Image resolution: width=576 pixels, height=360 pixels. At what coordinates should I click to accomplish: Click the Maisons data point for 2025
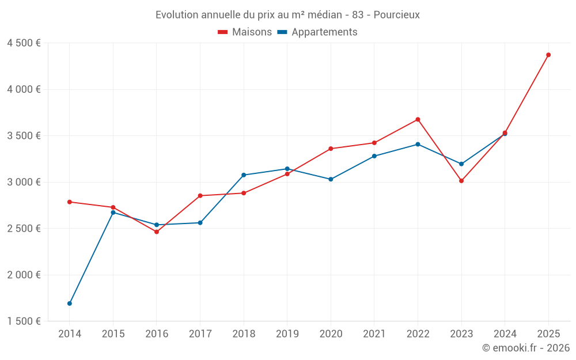(548, 55)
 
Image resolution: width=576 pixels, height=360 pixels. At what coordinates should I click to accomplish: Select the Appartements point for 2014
(70, 304)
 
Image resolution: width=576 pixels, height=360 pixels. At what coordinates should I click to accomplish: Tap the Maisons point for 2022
(418, 120)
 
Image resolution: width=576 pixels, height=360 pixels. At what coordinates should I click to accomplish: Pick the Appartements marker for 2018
(244, 175)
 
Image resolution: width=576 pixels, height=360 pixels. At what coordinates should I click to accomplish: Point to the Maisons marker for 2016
(157, 232)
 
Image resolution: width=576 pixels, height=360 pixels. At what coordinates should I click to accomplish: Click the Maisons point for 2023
(461, 181)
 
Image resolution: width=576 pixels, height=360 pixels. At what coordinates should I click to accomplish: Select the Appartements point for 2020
(331, 179)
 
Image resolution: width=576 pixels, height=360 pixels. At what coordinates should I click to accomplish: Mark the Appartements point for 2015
(113, 213)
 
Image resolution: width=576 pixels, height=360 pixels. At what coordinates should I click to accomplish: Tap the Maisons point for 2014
(70, 202)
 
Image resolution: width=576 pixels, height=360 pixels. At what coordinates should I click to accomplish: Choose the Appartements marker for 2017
(200, 223)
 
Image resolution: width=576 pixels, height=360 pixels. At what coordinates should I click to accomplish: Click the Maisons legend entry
(245, 32)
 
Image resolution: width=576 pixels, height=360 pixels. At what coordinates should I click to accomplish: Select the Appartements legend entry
(317, 32)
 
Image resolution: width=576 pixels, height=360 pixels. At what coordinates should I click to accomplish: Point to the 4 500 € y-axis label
(24, 43)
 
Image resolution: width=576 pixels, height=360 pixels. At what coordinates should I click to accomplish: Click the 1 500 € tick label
(24, 321)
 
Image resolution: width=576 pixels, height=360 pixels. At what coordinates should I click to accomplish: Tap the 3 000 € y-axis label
(24, 182)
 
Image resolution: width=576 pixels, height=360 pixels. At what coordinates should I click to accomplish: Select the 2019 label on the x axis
(287, 334)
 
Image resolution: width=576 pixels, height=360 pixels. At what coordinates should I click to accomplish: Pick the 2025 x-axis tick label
(548, 334)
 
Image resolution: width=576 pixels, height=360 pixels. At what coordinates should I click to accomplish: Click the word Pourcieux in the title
(396, 14)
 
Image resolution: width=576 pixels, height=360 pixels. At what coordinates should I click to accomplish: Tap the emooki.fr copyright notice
(525, 348)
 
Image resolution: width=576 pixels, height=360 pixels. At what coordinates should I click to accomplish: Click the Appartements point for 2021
(374, 156)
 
